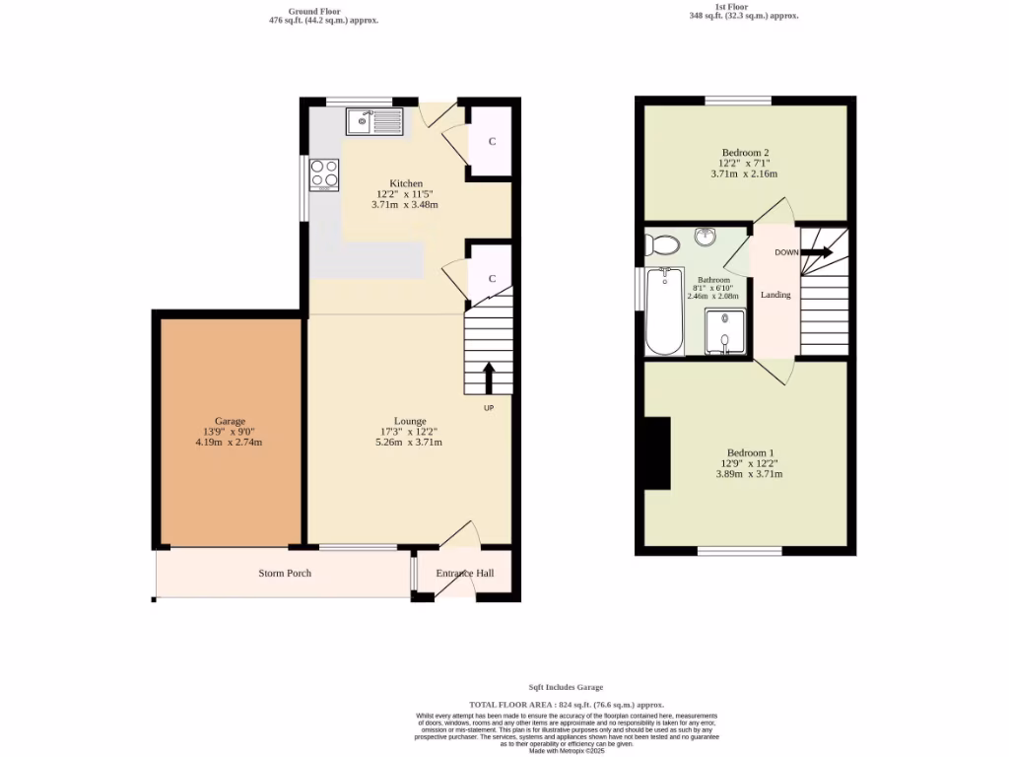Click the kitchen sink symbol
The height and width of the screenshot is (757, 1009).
pos(374,122)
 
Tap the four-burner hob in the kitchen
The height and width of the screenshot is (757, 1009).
pos(324,174)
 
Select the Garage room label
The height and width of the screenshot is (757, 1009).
pos(231,421)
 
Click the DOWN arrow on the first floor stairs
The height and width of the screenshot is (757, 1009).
pos(816,252)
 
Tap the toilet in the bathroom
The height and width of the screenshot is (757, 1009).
pos(663,243)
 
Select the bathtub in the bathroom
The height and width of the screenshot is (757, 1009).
pos(664,310)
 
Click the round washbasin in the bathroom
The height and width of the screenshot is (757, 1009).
pos(706,237)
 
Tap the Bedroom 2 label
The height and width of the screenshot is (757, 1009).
pos(745,153)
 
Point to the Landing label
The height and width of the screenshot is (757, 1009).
pos(775,295)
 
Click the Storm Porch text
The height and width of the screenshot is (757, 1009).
pos(285,573)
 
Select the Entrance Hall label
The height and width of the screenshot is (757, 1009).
pos(465,573)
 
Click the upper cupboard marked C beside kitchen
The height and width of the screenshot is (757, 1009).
pos(492,142)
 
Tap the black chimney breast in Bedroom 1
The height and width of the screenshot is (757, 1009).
pos(657,452)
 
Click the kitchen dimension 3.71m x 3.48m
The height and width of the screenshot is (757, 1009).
pos(404,205)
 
